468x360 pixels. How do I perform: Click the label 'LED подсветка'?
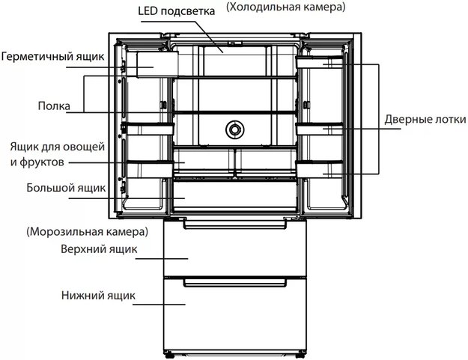point(176,11)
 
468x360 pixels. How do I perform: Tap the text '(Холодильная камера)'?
point(285,7)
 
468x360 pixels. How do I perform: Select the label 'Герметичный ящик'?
point(53,56)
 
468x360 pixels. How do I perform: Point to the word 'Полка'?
point(54,106)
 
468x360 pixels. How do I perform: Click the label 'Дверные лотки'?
point(425,119)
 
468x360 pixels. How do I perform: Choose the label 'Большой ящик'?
point(66,188)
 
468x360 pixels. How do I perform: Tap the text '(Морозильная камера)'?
point(87,232)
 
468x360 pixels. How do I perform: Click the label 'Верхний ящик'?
point(99,249)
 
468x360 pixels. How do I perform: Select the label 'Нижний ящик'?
point(98,296)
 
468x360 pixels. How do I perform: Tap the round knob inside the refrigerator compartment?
point(234,129)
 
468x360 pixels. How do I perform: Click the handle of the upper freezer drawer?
point(235,225)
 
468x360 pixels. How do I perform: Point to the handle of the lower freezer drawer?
point(235,282)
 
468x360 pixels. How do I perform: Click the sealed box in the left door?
point(157,64)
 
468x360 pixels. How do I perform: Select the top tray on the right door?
point(319,62)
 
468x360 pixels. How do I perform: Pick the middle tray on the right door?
point(319,129)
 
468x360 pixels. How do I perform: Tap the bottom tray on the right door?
point(319,169)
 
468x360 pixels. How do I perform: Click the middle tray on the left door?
point(150,129)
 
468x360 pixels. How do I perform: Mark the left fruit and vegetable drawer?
point(203,160)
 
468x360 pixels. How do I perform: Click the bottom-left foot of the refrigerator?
point(169,356)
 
